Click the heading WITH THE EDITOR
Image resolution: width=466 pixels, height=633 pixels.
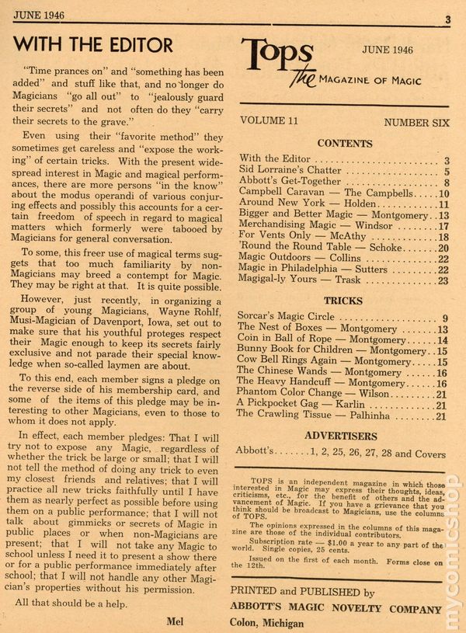click(93, 43)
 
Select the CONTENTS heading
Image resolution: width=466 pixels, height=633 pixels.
click(345, 144)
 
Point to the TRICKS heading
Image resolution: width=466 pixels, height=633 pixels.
click(343, 300)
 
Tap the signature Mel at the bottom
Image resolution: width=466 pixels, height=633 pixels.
click(175, 620)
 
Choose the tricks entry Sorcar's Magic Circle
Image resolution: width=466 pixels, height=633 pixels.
click(287, 317)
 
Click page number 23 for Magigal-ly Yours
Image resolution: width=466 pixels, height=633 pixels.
click(443, 281)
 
